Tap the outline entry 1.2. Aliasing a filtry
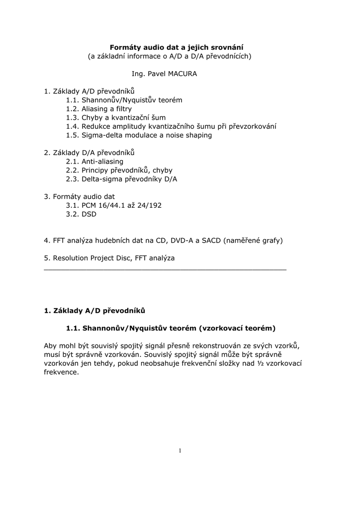pos(99,108)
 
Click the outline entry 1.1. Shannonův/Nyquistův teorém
pos(124,100)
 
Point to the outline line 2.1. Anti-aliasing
pos(94,162)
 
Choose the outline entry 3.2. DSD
pos(81,214)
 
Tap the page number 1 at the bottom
pos(180,451)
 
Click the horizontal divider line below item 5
pos(165,269)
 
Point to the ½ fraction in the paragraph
pos(260,363)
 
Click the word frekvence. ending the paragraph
pos(61,372)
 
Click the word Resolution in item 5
pos(70,258)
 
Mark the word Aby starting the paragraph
pos(51,345)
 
